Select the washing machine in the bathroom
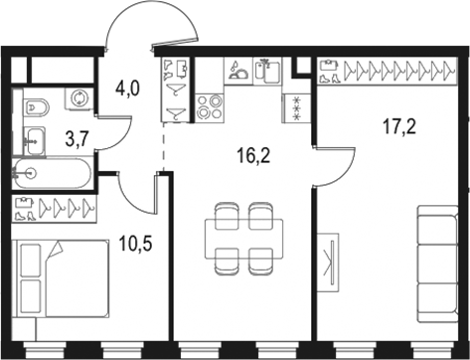[x=79, y=98]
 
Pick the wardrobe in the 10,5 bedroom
[x=57, y=209]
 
